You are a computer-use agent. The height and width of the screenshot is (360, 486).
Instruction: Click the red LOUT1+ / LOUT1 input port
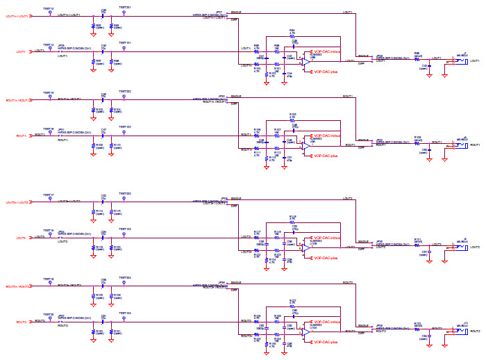point(17,15)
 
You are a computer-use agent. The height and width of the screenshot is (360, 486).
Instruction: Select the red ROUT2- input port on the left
point(17,322)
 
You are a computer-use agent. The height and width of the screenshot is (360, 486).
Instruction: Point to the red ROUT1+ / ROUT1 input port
point(17,100)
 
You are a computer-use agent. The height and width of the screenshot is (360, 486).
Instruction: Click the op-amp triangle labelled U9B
point(305,61)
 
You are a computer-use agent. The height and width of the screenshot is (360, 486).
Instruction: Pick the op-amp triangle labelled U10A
point(305,332)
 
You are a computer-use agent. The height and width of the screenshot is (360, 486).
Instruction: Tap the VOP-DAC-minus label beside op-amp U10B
point(326,237)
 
